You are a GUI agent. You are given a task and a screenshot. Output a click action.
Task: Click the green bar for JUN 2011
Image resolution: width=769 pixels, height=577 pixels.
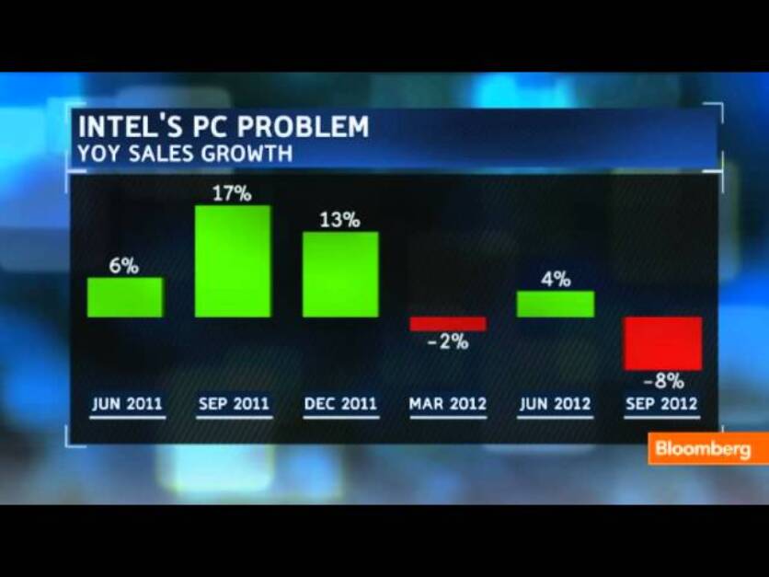tap(125, 297)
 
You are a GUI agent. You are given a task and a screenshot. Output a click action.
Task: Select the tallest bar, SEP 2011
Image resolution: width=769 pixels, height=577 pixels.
tap(234, 261)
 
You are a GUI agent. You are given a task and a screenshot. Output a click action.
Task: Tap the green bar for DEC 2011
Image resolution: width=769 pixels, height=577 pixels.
tap(340, 274)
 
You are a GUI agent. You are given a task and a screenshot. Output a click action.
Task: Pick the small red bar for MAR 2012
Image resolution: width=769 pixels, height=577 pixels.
tap(447, 324)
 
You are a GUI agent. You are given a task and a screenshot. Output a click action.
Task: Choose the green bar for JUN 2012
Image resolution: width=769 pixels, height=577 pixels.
tap(556, 304)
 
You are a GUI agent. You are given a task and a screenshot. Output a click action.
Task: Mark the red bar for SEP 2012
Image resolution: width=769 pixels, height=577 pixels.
tap(662, 343)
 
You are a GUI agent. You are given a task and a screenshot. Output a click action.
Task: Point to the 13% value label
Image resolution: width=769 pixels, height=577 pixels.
tap(340, 221)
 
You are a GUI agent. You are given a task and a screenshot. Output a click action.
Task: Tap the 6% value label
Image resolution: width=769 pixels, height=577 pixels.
tap(125, 267)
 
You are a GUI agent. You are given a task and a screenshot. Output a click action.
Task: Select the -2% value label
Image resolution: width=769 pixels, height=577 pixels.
tap(447, 342)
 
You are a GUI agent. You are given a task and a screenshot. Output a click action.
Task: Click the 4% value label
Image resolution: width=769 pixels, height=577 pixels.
tap(556, 280)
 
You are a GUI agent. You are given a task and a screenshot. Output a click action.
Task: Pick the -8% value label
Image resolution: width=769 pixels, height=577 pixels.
tap(662, 381)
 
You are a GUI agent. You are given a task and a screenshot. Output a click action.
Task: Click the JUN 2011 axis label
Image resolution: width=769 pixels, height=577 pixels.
tap(127, 404)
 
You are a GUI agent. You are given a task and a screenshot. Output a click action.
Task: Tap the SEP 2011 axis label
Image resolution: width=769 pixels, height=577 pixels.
tap(234, 404)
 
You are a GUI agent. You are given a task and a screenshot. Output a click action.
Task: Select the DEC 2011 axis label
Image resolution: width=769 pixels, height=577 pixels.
tap(340, 404)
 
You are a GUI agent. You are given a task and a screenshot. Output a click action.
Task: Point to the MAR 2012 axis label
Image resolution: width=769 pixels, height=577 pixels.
tap(448, 404)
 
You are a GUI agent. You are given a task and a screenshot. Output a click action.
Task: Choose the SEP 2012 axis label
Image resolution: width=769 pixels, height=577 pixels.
tap(661, 404)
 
